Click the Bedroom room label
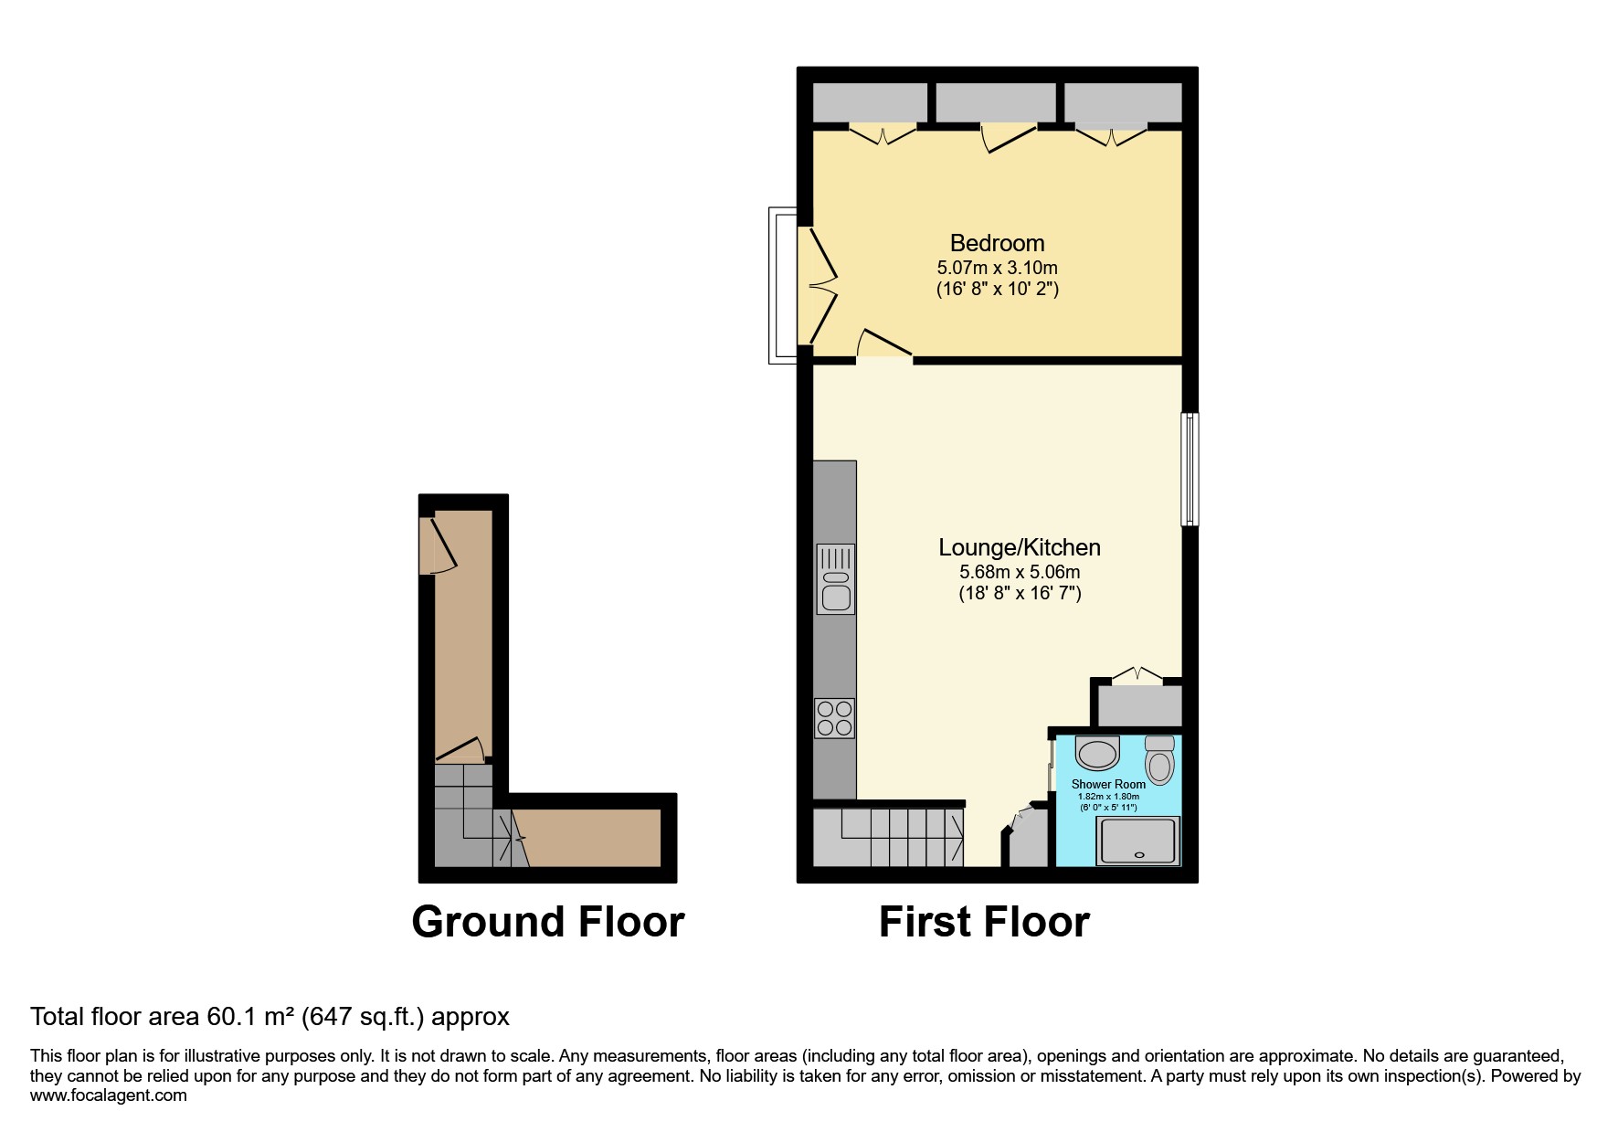click(997, 243)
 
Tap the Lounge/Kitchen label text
click(1019, 547)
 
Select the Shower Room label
click(1108, 784)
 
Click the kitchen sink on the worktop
click(835, 579)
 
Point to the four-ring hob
click(834, 718)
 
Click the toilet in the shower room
click(1159, 760)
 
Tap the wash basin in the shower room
click(1096, 754)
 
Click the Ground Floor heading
click(547, 922)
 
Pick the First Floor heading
click(984, 922)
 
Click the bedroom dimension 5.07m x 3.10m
click(997, 268)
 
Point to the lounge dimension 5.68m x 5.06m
click(1019, 572)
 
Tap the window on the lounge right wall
click(1190, 469)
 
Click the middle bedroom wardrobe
click(996, 102)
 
